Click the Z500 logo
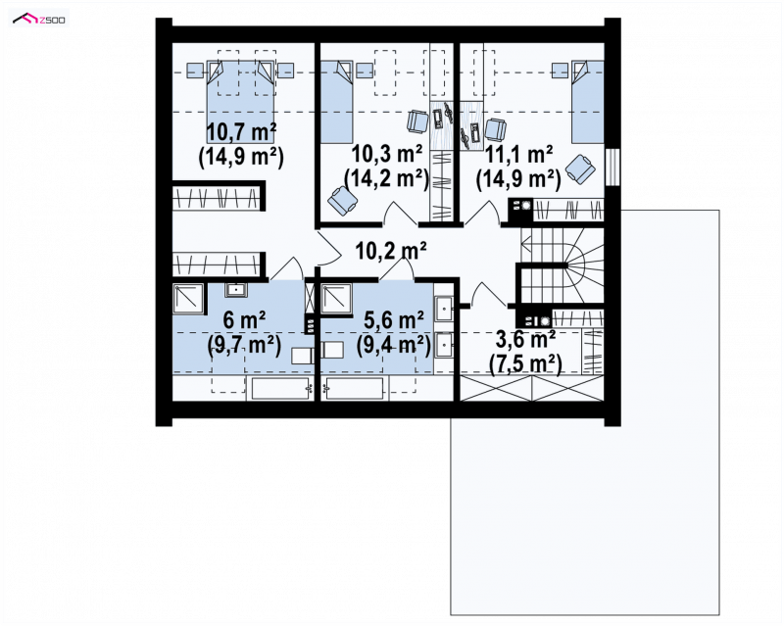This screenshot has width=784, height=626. click(x=39, y=19)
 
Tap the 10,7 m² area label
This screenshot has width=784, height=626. click(x=241, y=132)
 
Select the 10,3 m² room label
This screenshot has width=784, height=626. click(x=387, y=154)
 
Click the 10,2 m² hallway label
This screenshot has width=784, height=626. click(x=390, y=250)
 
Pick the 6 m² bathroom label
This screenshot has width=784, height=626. click(x=244, y=320)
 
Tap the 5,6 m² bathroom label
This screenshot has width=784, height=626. click(x=394, y=320)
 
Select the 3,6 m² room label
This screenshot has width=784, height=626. click(x=525, y=340)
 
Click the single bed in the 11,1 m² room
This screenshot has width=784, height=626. click(x=587, y=102)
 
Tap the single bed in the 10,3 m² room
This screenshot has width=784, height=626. click(x=336, y=102)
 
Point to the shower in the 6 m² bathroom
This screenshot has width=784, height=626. click(x=188, y=299)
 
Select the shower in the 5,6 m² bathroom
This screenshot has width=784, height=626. click(x=336, y=299)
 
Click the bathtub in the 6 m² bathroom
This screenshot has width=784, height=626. click(x=280, y=389)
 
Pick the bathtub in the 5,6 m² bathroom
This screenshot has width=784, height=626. click(x=355, y=389)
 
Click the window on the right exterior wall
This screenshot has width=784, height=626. click(x=612, y=167)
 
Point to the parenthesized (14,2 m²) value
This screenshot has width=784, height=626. click(x=387, y=178)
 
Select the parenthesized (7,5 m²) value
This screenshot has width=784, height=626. click(x=525, y=363)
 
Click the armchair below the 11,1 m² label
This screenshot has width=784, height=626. click(x=580, y=169)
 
